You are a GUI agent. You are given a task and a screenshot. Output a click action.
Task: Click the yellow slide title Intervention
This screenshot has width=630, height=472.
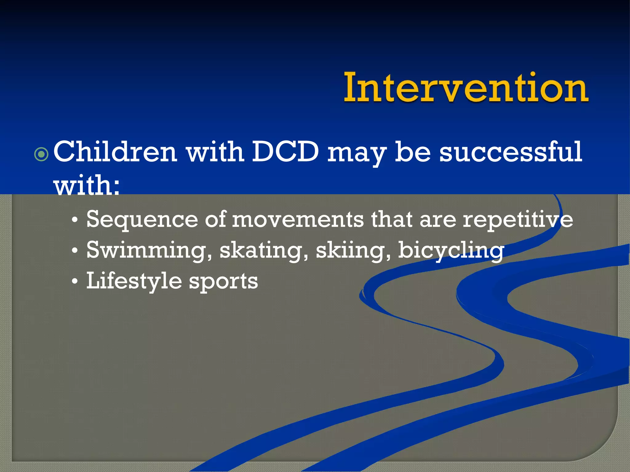click(x=466, y=88)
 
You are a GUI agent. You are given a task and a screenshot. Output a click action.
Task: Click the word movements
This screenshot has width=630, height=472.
click(x=298, y=219)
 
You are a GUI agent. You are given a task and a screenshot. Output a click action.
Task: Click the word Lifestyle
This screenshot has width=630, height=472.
click(x=134, y=281)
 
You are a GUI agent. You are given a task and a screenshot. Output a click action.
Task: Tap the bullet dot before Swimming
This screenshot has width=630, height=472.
click(x=74, y=251)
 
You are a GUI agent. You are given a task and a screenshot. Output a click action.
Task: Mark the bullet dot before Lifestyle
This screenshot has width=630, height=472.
click(x=74, y=281)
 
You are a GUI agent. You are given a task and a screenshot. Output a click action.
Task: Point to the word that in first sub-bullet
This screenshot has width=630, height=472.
click(x=392, y=219)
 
